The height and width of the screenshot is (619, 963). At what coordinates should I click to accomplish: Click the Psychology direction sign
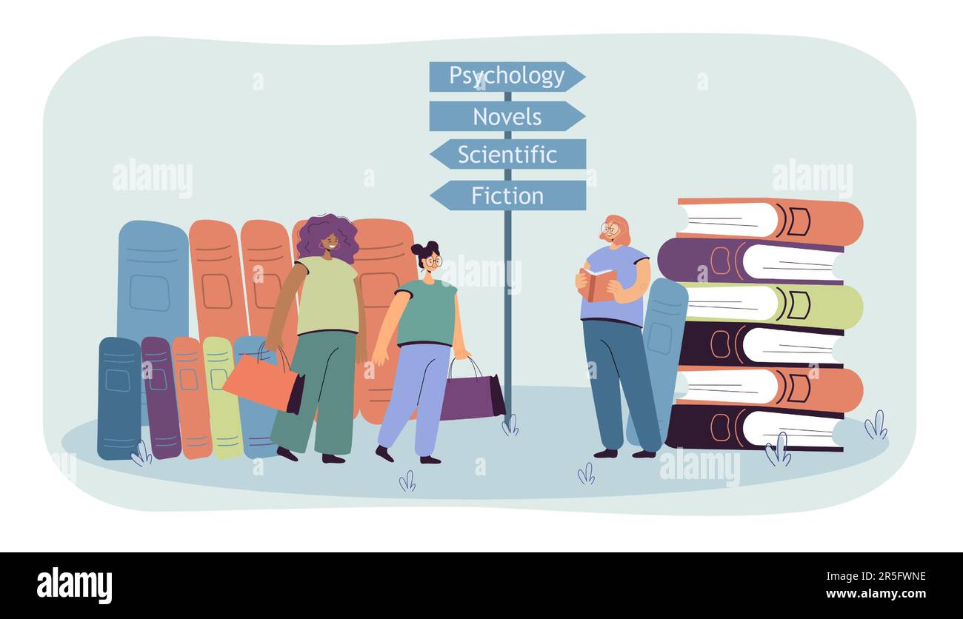pos(507,76)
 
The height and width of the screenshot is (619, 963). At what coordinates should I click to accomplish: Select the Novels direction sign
pos(507,116)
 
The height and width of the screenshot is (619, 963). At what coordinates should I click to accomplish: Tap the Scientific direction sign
pos(507,154)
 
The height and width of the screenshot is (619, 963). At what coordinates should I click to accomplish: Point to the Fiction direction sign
pos(507,195)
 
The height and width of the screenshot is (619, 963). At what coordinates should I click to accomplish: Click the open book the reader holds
pos(598,284)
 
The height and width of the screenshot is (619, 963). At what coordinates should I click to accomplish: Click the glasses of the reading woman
pos(611,229)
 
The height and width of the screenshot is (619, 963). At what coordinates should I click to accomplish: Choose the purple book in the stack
pos(750,261)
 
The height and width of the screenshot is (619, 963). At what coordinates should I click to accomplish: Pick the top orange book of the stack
pos(770,221)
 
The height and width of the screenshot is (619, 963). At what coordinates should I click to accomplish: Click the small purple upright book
pos(161,398)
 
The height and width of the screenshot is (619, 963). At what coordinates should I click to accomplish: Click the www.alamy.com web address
pos(876,594)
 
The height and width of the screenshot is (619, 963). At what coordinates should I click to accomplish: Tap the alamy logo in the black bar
pos(74,585)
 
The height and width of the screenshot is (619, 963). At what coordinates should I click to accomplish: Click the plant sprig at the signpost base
pos(510,425)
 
